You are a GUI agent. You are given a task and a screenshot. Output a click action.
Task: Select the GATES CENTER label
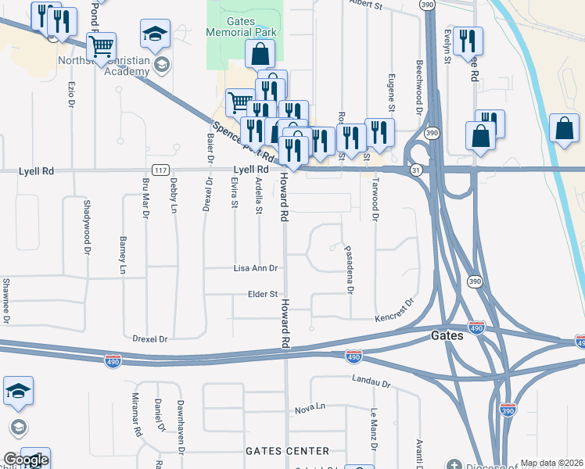pos(287,451)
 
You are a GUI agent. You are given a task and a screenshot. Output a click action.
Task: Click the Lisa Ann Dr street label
pos(256,268)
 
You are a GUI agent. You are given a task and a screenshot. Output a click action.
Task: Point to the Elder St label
pos(262,294)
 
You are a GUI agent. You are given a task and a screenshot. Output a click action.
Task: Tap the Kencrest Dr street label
pos(393,312)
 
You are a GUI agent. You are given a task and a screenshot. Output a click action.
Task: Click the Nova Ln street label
pos(309,409)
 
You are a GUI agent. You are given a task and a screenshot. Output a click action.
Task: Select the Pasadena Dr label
pos(350,270)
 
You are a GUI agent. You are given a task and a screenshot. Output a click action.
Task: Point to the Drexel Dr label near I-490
pos(150,338)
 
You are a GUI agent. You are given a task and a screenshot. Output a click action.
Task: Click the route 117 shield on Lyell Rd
pos(160,170)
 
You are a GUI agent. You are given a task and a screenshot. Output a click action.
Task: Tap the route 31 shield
pos(417,170)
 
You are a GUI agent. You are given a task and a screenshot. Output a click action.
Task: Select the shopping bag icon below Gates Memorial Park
pos(260,54)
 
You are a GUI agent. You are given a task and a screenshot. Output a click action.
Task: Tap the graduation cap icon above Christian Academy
pos(155,34)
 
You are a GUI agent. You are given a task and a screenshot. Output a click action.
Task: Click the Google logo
pos(25,460)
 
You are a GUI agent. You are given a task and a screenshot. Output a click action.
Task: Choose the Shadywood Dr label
pos(86,226)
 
